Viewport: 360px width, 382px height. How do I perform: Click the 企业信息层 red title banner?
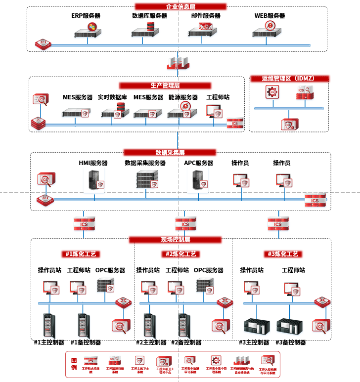click(180, 6)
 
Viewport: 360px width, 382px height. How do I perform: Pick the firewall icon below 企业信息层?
click(178, 62)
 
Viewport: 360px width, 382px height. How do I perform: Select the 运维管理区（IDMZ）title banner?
click(289, 79)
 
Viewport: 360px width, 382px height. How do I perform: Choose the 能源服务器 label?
click(183, 97)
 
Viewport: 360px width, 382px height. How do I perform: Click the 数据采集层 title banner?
click(170, 152)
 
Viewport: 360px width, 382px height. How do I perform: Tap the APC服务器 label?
click(198, 163)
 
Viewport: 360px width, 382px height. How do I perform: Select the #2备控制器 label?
click(186, 342)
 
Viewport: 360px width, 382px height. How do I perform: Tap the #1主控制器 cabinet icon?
click(49, 325)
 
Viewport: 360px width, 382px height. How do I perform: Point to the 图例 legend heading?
click(74, 363)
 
